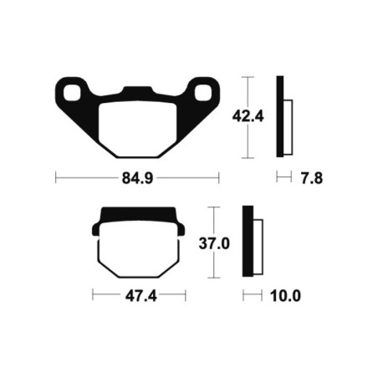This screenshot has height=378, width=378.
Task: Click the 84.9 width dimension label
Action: point(137,178)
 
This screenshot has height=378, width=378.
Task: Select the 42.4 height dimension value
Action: point(248,116)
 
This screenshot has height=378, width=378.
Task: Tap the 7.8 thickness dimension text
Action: point(312,178)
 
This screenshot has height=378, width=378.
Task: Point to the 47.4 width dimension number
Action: point(141,296)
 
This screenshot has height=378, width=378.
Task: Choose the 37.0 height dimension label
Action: point(214,243)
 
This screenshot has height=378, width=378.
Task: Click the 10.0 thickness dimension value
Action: point(285,296)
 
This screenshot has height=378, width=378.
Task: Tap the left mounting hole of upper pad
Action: point(72,93)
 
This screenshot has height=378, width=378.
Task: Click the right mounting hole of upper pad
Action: point(203,93)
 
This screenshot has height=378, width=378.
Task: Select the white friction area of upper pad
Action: point(138,129)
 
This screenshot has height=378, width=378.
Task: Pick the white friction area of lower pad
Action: point(139,249)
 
